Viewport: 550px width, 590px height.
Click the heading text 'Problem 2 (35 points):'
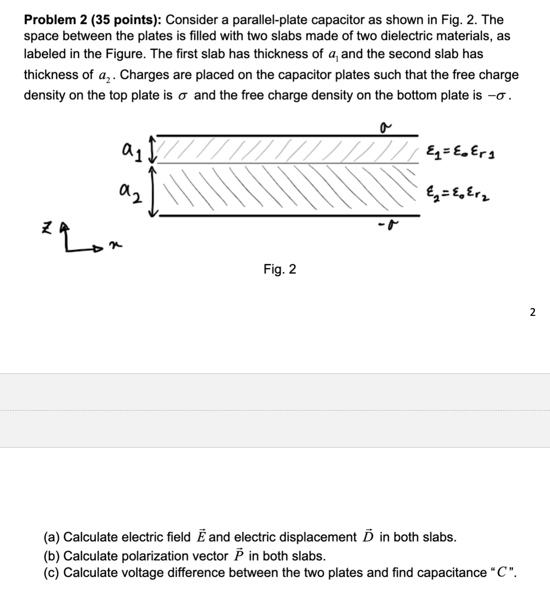(94, 20)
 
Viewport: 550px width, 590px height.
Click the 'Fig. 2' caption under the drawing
(279, 269)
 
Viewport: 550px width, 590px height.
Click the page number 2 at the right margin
(533, 312)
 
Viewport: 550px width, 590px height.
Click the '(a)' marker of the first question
(52, 537)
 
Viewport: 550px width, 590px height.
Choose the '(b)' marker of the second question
(52, 555)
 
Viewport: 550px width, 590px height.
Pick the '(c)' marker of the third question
(52, 573)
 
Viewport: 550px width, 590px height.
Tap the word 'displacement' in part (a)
(322, 537)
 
